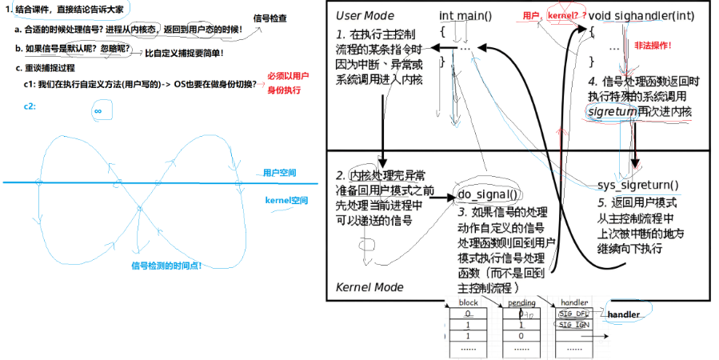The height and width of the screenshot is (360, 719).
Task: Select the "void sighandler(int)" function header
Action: pyautogui.click(x=648, y=16)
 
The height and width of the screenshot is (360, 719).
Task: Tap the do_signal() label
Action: pyautogui.click(x=487, y=194)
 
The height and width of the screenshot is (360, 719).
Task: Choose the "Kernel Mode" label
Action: pyautogui.click(x=369, y=286)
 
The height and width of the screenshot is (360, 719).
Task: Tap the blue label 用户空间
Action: pyautogui.click(x=279, y=172)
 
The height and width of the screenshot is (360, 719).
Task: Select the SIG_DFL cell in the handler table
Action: pyautogui.click(x=572, y=314)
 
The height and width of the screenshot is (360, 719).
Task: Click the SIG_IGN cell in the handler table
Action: pyautogui.click(x=572, y=326)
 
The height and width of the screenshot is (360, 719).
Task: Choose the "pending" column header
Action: pyautogui.click(x=521, y=303)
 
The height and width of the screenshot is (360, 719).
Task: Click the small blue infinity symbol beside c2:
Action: pyautogui.click(x=98, y=111)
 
